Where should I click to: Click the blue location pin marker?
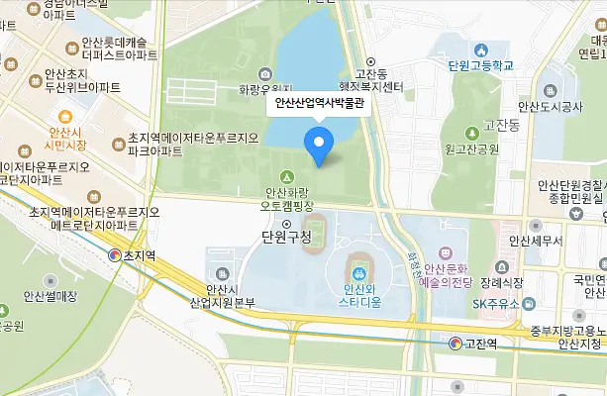point(318,147)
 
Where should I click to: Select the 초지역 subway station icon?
point(115,255)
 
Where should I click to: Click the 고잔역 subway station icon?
point(455,344)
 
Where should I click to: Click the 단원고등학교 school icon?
point(480,50)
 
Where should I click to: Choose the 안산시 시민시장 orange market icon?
point(64,117)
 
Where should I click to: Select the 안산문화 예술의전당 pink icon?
point(444,253)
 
